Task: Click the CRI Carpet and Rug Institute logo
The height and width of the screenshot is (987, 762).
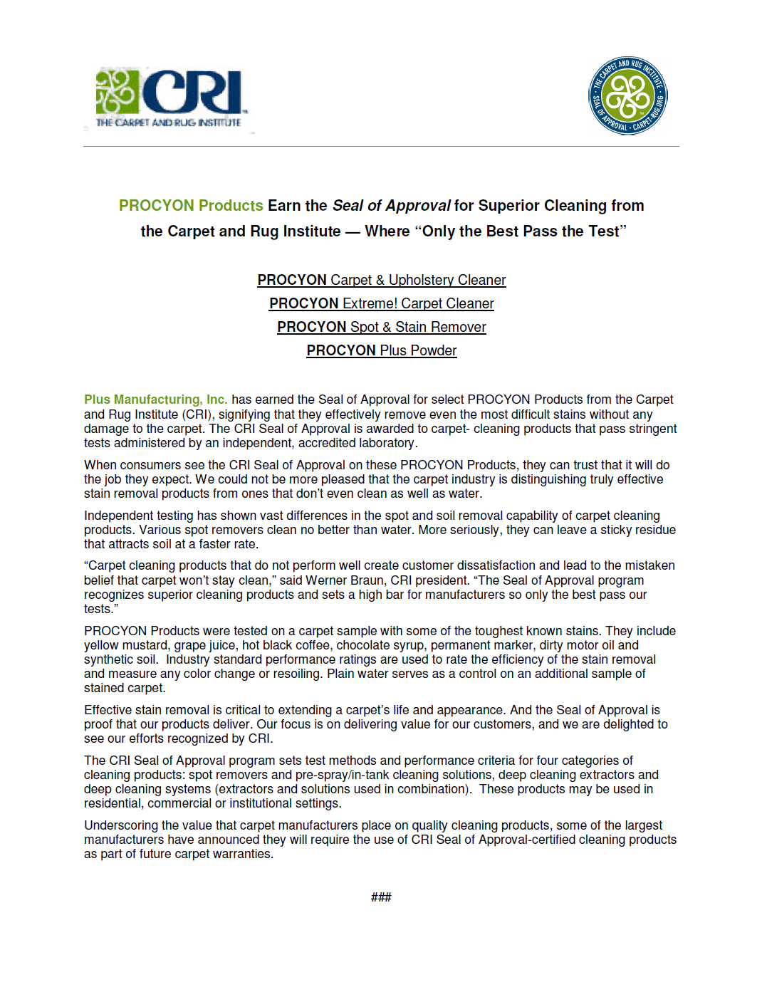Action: pyautogui.click(x=171, y=98)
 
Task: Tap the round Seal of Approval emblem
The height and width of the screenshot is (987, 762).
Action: pyautogui.click(x=627, y=96)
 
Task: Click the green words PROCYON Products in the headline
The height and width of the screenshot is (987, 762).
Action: pyautogui.click(x=191, y=206)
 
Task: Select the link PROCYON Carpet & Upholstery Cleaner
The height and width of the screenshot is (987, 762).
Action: pyautogui.click(x=381, y=280)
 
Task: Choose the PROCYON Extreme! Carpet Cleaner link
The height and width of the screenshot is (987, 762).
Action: pyautogui.click(x=381, y=303)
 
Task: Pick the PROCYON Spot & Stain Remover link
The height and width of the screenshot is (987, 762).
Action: pyautogui.click(x=381, y=327)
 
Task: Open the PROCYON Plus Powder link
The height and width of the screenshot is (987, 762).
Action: pyautogui.click(x=381, y=350)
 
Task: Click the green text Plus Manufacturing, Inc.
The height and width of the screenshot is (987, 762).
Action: pyautogui.click(x=155, y=399)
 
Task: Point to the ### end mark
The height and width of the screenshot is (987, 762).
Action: pyautogui.click(x=381, y=897)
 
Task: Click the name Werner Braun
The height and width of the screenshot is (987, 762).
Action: pyautogui.click(x=345, y=580)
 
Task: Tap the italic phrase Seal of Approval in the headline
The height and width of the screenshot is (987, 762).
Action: pyautogui.click(x=391, y=206)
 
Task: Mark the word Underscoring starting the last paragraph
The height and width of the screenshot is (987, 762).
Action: pyautogui.click(x=121, y=825)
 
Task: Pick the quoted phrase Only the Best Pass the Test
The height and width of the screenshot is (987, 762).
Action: pyautogui.click(x=521, y=231)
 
